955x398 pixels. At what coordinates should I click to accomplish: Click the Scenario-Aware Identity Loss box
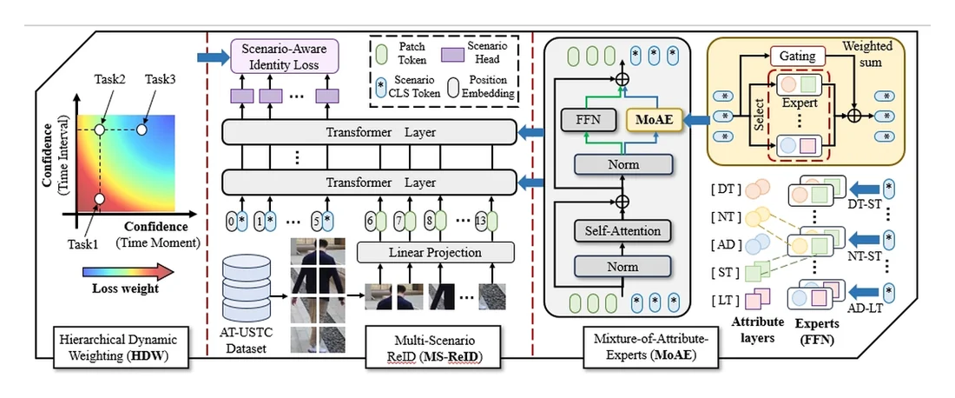(x=283, y=56)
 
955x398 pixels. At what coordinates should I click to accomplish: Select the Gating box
(x=797, y=56)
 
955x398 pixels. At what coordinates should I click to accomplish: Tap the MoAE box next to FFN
(x=653, y=121)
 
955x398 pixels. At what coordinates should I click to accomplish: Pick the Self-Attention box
(x=622, y=231)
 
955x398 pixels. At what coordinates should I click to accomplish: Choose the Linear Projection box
(x=436, y=252)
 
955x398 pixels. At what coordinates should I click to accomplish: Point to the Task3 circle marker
(x=142, y=129)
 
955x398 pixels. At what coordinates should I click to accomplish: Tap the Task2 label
(x=109, y=79)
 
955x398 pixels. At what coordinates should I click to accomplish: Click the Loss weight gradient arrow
(x=128, y=270)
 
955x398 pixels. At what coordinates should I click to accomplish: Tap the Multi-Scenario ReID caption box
(x=432, y=347)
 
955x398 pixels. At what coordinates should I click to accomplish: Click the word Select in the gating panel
(x=759, y=116)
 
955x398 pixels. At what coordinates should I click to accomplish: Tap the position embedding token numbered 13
(x=480, y=221)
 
